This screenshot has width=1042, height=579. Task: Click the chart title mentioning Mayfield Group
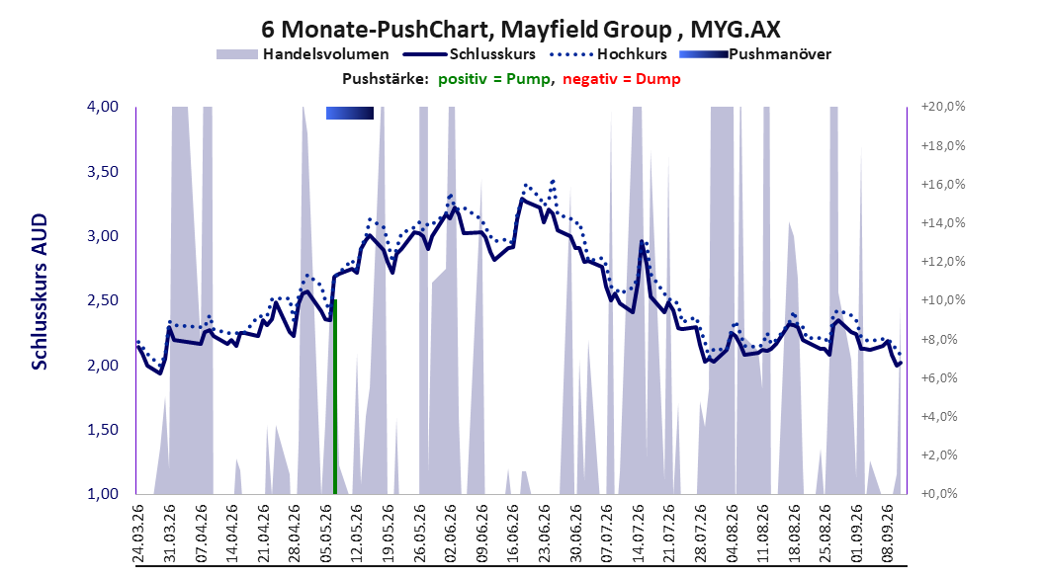coord(520,30)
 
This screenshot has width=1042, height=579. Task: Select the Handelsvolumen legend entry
coord(304,54)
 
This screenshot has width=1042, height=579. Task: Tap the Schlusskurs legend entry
coord(470,54)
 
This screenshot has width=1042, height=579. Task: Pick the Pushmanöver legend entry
coord(755,54)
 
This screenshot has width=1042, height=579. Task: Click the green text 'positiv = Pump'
coord(494,79)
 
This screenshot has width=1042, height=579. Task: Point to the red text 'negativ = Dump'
coord(622,79)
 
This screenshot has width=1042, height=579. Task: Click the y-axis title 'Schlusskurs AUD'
coord(40,291)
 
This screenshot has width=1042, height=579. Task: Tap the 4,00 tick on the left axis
coord(103,107)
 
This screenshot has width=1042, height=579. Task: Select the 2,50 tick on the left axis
coord(103,300)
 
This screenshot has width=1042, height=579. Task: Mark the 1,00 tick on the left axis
coord(103,494)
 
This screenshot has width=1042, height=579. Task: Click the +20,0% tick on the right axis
coord(943,107)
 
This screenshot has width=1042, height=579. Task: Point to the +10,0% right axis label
coord(943,300)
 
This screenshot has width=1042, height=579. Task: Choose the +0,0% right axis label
coord(939,494)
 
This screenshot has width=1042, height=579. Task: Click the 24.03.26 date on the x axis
coord(138,534)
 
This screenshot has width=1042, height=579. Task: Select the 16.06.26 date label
coord(512,534)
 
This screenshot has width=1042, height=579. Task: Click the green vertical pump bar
coord(335,397)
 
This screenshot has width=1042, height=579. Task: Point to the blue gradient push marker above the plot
coord(350,113)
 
